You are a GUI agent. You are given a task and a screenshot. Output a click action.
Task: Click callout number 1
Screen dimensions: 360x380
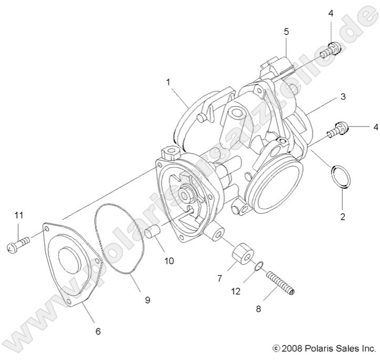coord(168,83)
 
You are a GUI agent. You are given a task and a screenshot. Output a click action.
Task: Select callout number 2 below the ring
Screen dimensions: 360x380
coord(343,215)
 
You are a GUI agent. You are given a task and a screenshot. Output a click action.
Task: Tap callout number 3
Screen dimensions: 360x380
coord(343,97)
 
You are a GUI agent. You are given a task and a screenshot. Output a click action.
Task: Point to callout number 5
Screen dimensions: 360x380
coord(286,32)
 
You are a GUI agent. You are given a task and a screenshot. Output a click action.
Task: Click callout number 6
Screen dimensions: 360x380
coord(98,331)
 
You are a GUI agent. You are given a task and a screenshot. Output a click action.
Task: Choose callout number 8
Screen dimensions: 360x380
coord(258,310)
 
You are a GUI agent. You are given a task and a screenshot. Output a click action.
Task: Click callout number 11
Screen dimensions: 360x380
coord(19,215)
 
